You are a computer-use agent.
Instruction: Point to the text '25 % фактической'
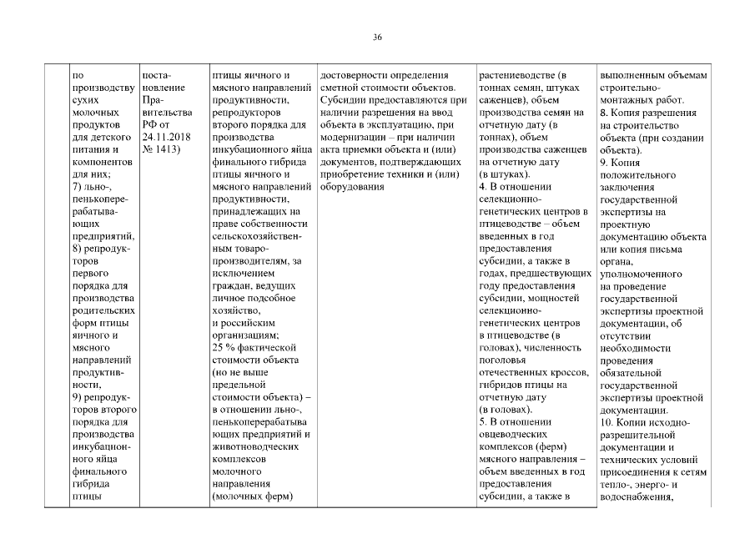pyautogui.click(x=250, y=347)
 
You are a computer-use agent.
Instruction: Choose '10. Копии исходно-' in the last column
pyautogui.click(x=647, y=422)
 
